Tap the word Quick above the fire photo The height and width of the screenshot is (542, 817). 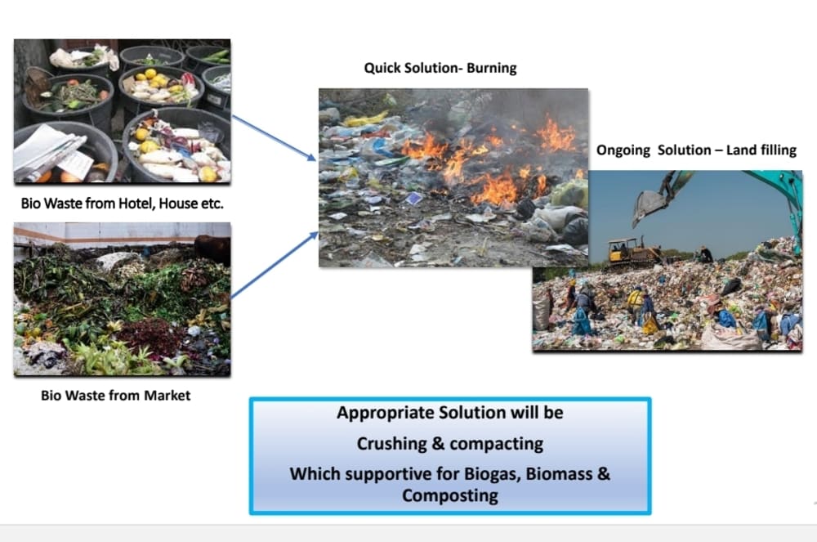pos(384,69)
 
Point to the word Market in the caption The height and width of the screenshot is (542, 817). pos(167,396)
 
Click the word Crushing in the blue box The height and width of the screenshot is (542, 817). pos(389,444)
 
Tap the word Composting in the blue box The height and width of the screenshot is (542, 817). pos(449,495)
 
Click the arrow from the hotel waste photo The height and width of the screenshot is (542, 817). pos(274,137)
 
